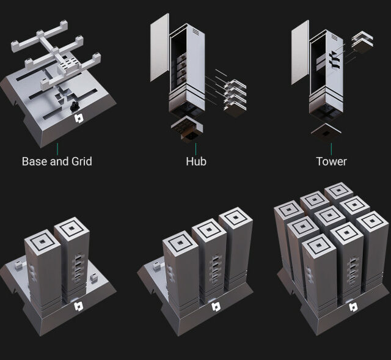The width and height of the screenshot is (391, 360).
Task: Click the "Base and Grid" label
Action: [57, 162]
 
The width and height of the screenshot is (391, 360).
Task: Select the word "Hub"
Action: [196, 162]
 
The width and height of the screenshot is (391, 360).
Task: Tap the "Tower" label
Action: [331, 162]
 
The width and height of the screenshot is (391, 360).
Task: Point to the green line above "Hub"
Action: [196, 148]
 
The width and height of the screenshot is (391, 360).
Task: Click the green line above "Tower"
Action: [331, 148]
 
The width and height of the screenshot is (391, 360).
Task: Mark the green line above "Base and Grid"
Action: [57, 148]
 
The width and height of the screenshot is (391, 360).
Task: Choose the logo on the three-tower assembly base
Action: [214, 307]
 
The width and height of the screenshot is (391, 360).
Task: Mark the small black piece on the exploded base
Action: [73, 106]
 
